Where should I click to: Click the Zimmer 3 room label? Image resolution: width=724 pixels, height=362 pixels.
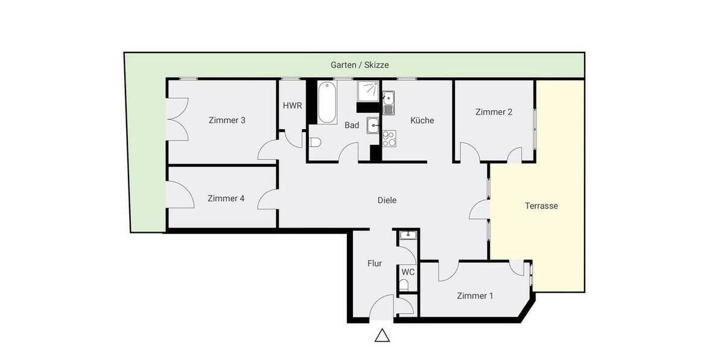[227, 120]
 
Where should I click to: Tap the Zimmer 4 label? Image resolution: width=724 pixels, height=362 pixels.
[226, 198]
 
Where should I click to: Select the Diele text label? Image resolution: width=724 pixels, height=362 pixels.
[387, 200]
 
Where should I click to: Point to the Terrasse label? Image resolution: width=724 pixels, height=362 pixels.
[541, 206]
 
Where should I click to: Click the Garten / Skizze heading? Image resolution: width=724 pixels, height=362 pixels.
[360, 65]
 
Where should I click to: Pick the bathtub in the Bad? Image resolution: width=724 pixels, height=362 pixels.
[327, 103]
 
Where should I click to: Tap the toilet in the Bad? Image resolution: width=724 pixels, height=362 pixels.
[314, 142]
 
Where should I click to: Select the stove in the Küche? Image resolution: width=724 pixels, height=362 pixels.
[389, 139]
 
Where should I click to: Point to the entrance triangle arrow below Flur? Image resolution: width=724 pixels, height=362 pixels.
[382, 335]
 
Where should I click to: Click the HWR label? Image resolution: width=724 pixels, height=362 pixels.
[292, 106]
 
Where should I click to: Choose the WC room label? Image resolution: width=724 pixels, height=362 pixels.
[408, 272]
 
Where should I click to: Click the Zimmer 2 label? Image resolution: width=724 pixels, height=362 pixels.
[494, 112]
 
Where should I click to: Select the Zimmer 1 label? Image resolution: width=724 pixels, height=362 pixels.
[475, 296]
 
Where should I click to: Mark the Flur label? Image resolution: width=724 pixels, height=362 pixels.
[375, 264]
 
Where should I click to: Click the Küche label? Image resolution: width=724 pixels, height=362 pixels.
[422, 120]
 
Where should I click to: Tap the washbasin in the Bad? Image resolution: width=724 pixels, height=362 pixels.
[373, 125]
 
